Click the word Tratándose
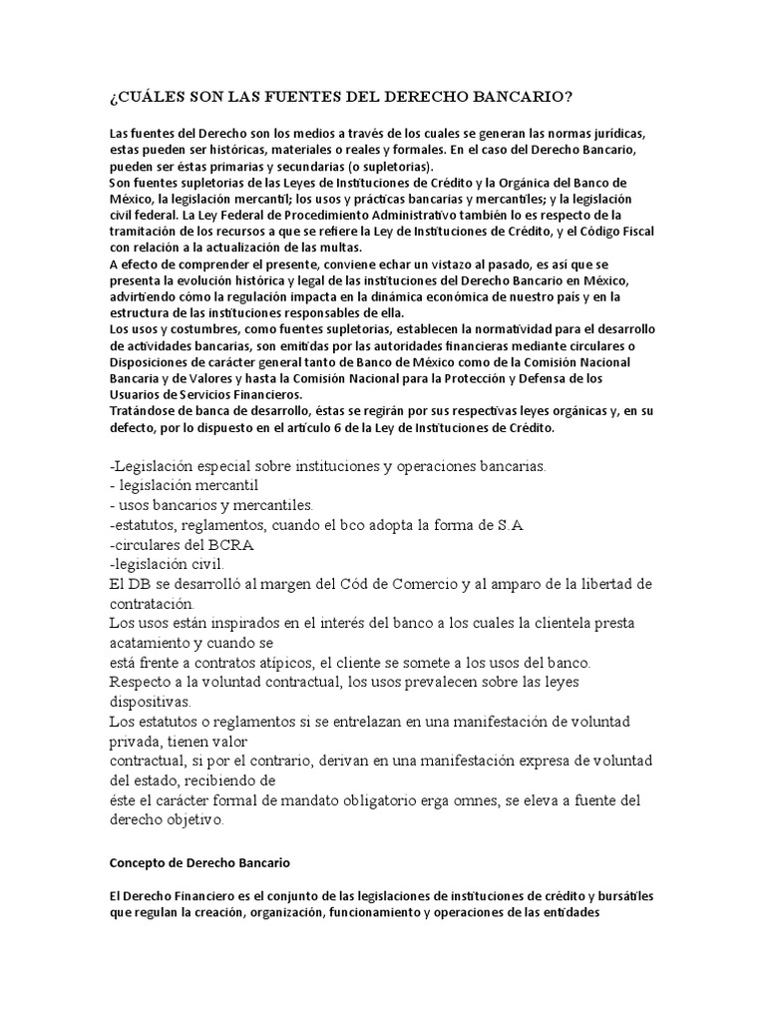click(144, 410)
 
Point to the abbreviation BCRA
click(228, 545)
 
